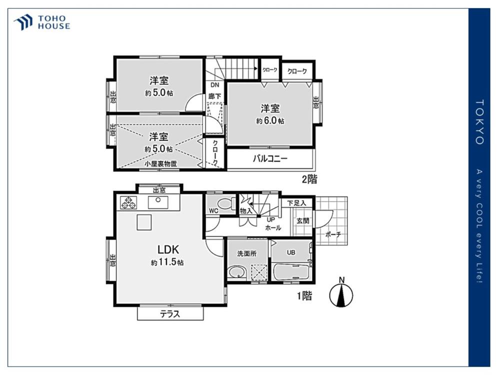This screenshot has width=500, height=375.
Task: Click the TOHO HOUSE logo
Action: pos(42,22)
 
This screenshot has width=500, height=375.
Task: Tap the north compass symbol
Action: pos(341,293)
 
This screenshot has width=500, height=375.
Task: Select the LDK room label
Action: pos(168,249)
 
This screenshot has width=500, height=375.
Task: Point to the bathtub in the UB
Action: pos(291,272)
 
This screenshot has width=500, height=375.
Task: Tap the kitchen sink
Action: pos(158,202)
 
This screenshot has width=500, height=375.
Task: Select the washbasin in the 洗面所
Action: pos(236,272)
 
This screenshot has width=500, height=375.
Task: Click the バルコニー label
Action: pos(270,158)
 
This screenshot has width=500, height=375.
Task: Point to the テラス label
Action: pos(170,314)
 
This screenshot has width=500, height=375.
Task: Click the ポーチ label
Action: pos(333,234)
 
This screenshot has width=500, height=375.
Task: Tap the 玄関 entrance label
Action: pos(302,220)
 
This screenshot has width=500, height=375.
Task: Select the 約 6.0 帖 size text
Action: pos(270,121)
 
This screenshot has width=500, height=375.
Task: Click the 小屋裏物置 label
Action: pos(160,164)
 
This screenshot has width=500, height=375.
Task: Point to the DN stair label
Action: pos(215,85)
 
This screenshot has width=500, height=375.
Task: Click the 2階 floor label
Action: pos(309,179)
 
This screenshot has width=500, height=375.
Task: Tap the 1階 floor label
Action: pos(304,296)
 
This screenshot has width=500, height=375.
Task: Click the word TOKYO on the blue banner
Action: pos(479,122)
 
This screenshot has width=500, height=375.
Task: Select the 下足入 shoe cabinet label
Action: pos(296,203)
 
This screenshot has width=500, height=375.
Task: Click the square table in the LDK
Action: pos(144,222)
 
